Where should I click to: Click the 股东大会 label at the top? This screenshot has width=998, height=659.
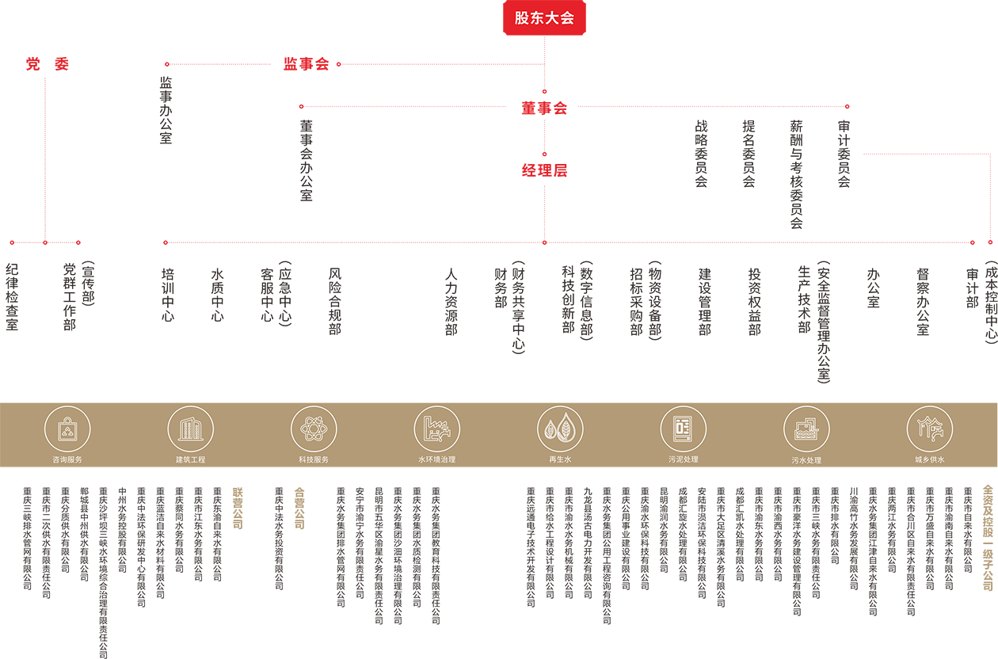[544, 18]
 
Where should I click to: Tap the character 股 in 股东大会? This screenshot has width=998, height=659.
[522, 18]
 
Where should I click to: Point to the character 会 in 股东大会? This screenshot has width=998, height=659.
[566, 18]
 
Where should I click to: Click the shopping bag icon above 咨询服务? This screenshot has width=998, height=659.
[67, 429]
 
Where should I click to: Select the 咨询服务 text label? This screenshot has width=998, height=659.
[67, 459]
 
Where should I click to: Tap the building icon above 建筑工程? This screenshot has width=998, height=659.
[190, 429]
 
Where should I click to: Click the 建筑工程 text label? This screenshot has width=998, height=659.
[190, 459]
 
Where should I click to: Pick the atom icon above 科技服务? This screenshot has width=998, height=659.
[314, 429]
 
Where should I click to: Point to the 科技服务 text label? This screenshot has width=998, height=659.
[314, 459]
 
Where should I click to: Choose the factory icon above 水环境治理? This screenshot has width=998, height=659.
[436, 429]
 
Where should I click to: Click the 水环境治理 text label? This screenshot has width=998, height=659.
[436, 459]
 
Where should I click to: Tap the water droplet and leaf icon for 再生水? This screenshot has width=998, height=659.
[560, 429]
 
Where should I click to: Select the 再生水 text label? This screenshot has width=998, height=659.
[560, 459]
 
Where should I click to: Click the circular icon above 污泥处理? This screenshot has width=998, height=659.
[683, 429]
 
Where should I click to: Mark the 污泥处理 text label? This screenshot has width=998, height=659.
[683, 459]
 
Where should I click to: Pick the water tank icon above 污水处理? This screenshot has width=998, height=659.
[806, 429]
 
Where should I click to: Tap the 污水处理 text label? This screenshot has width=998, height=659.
[806, 460]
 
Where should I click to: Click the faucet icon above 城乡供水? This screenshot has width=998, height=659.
[929, 429]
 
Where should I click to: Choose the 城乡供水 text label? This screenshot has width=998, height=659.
[929, 459]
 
